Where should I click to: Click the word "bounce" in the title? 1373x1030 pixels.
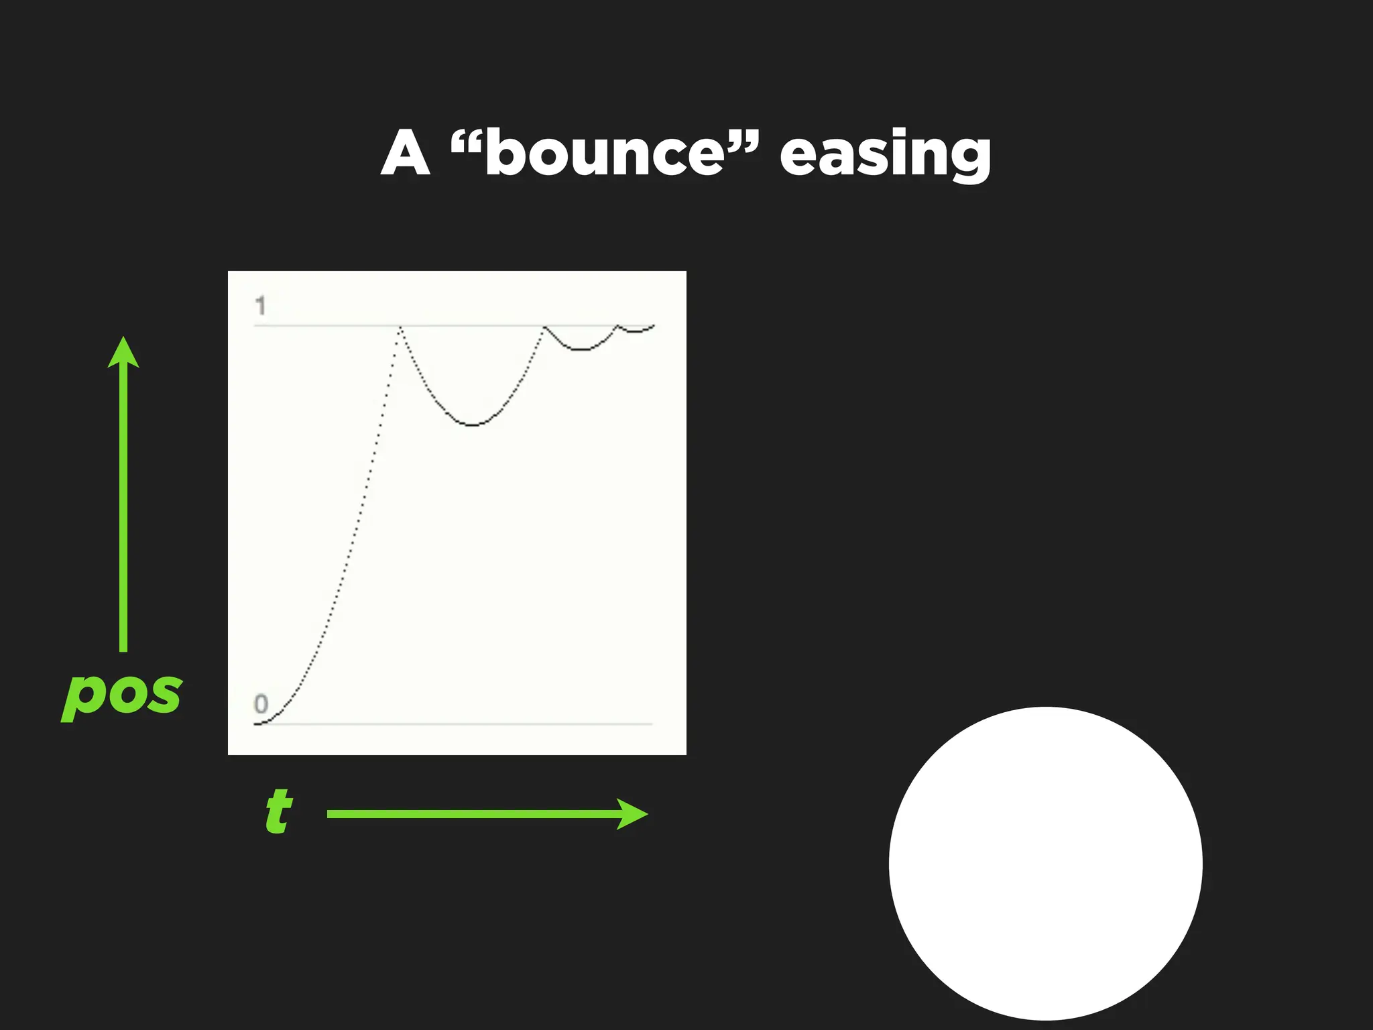pyautogui.click(x=605, y=154)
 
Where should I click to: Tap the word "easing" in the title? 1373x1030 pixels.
pyautogui.click(x=885, y=156)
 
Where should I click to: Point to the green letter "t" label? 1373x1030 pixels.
pyautogui.click(x=278, y=811)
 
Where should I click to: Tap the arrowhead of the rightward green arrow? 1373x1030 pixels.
pyautogui.click(x=633, y=814)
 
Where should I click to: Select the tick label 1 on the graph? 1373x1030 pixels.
pyautogui.click(x=261, y=306)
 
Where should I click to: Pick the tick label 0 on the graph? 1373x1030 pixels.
pyautogui.click(x=261, y=703)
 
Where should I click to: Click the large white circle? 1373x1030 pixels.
pyautogui.click(x=1045, y=863)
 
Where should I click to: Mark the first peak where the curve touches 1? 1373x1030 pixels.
pyautogui.click(x=400, y=327)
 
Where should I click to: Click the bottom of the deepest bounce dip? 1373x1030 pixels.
pyautogui.click(x=473, y=425)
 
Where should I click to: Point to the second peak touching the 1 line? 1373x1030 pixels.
pyautogui.click(x=544, y=327)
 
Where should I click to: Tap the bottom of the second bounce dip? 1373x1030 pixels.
pyautogui.click(x=581, y=349)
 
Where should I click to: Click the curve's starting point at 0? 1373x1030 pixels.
pyautogui.click(x=256, y=724)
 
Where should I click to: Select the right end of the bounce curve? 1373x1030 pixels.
pyautogui.click(x=654, y=326)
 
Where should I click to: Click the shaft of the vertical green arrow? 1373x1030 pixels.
pyautogui.click(x=123, y=510)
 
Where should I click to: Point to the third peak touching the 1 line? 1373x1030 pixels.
pyautogui.click(x=618, y=326)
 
